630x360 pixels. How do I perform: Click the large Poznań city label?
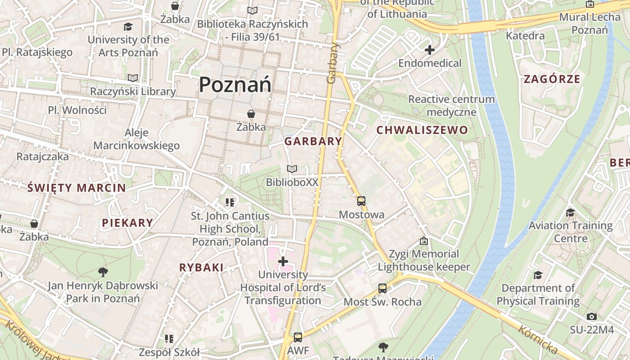pos(235,85)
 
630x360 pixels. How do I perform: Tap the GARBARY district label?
pos(313,141)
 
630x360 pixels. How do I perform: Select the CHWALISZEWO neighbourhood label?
pos(422,130)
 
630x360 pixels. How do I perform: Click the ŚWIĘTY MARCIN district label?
pos(76,188)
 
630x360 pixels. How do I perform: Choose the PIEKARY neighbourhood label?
pos(127,223)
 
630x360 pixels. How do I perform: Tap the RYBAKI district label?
pos(201,268)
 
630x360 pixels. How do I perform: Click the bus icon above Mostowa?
pos(361,201)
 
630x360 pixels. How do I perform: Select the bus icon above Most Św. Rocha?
pos(382,288)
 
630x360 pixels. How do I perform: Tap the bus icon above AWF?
pos(297,337)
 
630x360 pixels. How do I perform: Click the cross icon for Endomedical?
pos(430,50)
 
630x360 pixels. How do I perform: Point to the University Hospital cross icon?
pos(283,261)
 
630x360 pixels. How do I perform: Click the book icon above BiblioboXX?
pos(292,169)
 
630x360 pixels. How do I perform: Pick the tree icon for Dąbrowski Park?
pos(103,272)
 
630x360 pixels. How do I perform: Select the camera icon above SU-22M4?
pos(592,316)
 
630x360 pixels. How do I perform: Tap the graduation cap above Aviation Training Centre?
pos(570,212)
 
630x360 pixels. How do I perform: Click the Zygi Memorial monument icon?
pos(423,241)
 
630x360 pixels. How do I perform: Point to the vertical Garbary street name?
pos(332,63)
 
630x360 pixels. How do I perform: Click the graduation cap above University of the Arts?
pos(128,27)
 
